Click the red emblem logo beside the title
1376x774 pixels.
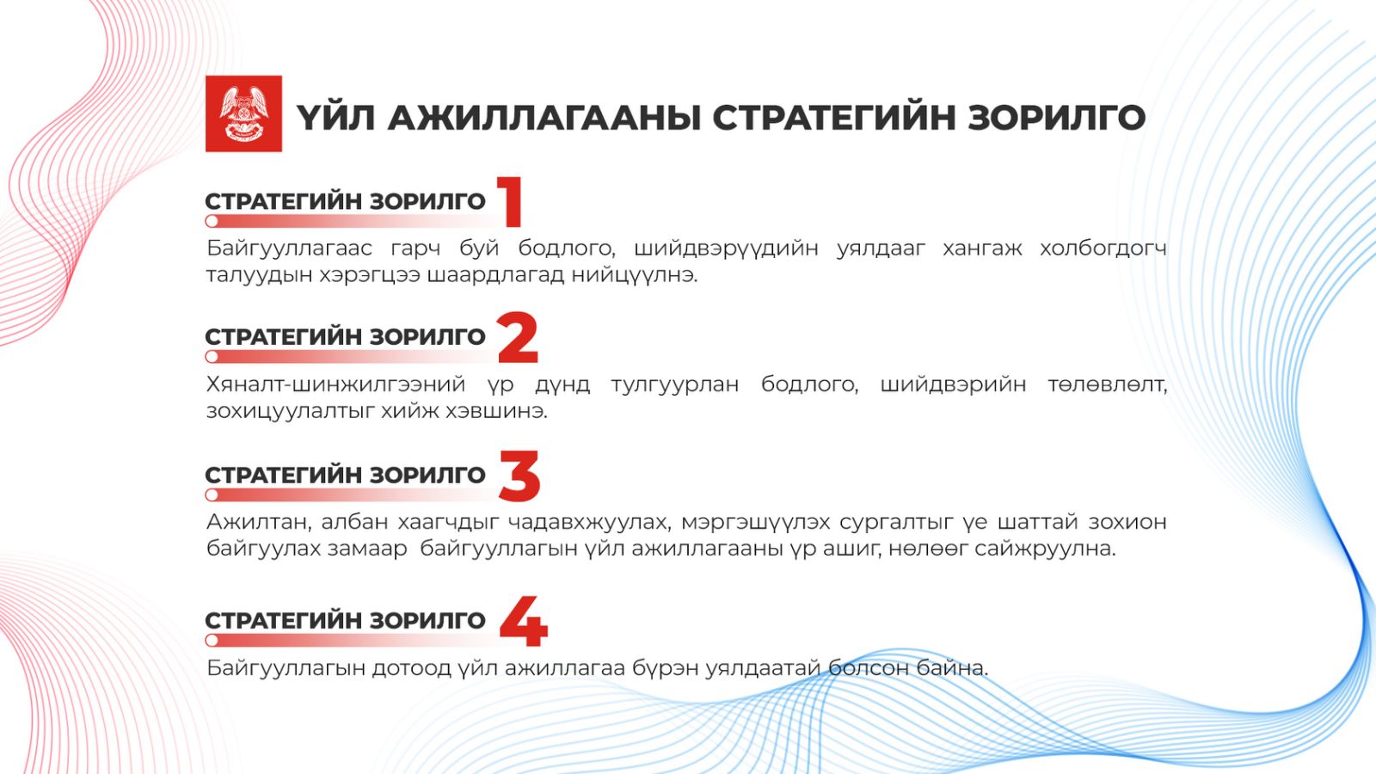pyautogui.click(x=244, y=114)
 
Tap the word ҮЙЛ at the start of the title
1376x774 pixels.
pyautogui.click(x=335, y=117)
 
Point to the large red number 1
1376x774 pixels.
pyautogui.click(x=511, y=201)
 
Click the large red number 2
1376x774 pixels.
pyautogui.click(x=519, y=337)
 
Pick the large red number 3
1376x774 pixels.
pyautogui.click(x=519, y=476)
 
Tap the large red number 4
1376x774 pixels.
pyautogui.click(x=524, y=621)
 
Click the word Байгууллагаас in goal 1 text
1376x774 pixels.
pyautogui.click(x=289, y=249)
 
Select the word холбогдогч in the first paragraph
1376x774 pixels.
pyautogui.click(x=1103, y=249)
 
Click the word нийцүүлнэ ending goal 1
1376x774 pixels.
pyautogui.click(x=635, y=275)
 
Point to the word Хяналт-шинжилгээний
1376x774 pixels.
pyautogui.click(x=335, y=385)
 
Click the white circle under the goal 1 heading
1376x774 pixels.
pyautogui.click(x=212, y=220)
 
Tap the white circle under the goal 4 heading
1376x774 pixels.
pyautogui.click(x=212, y=641)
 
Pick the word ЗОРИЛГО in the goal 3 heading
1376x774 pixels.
pyautogui.click(x=427, y=476)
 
